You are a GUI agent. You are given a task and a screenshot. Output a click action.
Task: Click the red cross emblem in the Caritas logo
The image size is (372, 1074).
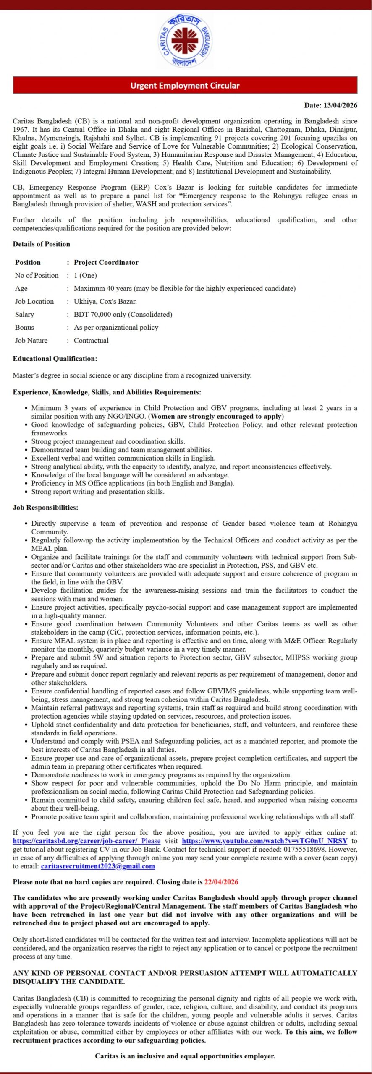(x=185, y=41)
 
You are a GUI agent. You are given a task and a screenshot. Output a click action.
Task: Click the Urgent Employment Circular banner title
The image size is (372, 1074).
(x=185, y=86)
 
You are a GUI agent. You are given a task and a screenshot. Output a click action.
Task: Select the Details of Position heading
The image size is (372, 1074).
(x=41, y=244)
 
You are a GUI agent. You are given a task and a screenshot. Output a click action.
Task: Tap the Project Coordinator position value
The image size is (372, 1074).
(x=106, y=263)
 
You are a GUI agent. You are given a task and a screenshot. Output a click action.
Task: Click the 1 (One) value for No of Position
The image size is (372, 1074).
(x=85, y=276)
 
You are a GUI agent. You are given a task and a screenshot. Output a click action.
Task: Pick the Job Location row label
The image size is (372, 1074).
(x=34, y=302)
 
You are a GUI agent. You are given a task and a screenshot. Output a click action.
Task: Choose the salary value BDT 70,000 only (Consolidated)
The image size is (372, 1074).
(x=123, y=315)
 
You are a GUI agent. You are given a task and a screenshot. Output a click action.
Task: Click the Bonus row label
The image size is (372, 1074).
(x=24, y=328)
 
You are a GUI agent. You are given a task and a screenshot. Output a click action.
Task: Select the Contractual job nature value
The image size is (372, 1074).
(x=91, y=341)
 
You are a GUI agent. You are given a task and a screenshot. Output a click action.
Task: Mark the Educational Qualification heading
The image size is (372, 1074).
(x=55, y=359)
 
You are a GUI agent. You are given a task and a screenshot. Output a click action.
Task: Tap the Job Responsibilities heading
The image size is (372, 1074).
(x=45, y=508)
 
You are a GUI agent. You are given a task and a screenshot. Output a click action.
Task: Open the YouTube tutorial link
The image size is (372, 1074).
(x=265, y=841)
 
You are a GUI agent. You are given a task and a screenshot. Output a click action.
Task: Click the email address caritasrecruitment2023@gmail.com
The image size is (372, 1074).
(x=98, y=866)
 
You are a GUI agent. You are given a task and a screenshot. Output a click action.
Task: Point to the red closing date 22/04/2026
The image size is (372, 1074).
(x=221, y=882)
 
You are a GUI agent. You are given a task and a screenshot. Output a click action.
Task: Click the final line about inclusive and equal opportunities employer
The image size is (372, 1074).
(x=185, y=1056)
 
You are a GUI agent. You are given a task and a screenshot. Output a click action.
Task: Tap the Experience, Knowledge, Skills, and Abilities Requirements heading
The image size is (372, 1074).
(x=107, y=392)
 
